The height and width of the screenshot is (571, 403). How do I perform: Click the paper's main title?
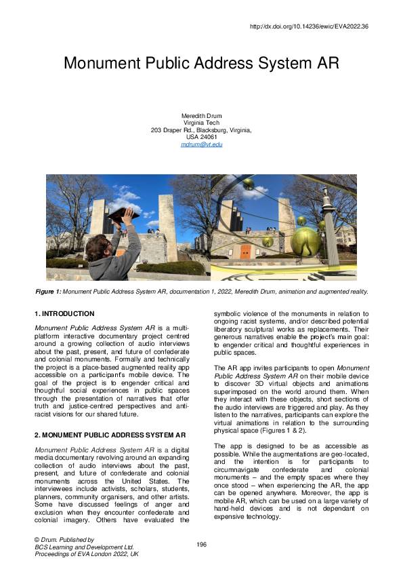pos(201,64)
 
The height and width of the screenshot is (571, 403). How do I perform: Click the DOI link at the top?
pos(309,26)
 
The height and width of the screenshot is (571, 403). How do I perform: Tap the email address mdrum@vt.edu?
pos(201,144)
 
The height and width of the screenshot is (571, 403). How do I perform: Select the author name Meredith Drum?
pos(201,115)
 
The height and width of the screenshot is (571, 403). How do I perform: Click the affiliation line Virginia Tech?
pos(201,123)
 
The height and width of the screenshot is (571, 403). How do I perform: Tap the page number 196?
pos(201,545)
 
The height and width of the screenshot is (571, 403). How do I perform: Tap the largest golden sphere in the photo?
pos(305,239)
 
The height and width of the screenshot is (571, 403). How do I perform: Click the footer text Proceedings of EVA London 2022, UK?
pos(87,553)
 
